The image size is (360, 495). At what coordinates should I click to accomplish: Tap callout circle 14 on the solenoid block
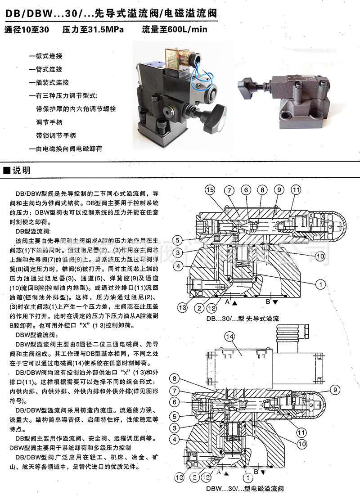pyautogui.click(x=229, y=336)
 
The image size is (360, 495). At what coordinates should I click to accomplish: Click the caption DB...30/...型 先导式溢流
pyautogui.click(x=243, y=318)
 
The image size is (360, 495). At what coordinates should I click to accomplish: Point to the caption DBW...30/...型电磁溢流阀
pyautogui.click(x=245, y=488)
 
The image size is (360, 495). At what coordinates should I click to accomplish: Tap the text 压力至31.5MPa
pyautogui.click(x=92, y=31)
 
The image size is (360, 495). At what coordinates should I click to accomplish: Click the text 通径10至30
pyautogui.click(x=26, y=31)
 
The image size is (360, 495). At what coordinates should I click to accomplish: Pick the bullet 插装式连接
pyautogui.click(x=49, y=83)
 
